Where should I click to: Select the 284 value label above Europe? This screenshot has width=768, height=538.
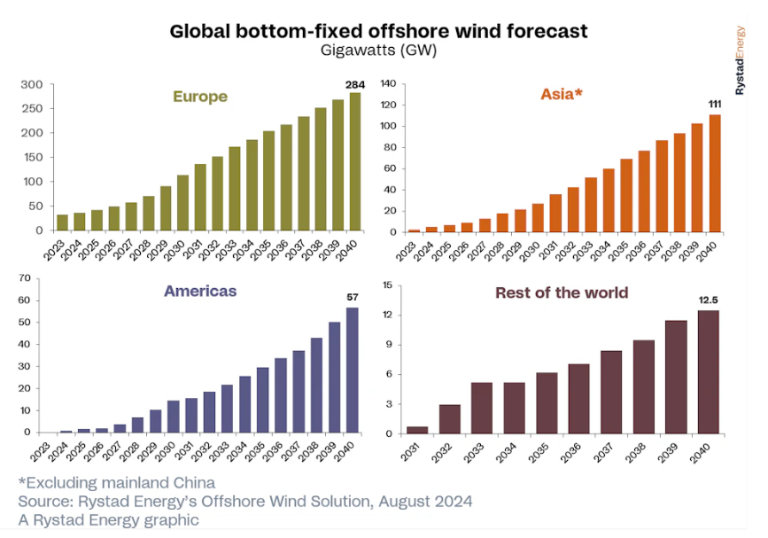pos(354,85)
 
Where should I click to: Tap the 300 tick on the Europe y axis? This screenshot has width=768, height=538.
pos(32,85)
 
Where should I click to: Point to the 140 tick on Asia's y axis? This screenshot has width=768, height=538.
pos(386,83)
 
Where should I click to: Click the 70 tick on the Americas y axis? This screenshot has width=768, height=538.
pos(25,279)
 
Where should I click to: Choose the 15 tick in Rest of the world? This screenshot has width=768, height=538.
pos(387,285)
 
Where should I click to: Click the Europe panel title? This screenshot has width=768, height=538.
pos(199,97)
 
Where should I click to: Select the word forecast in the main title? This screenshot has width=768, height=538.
pos(545,31)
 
